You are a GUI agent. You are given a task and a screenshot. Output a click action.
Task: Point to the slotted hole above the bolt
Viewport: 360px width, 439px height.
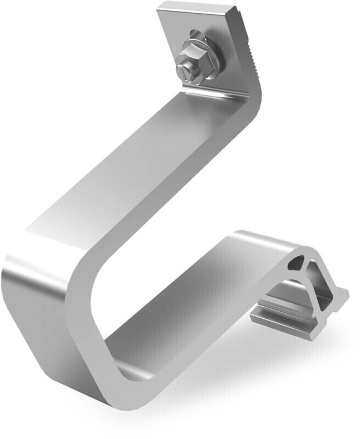pos(196,34)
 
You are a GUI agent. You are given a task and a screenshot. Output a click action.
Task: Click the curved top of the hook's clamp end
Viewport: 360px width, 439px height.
pos(258,241)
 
